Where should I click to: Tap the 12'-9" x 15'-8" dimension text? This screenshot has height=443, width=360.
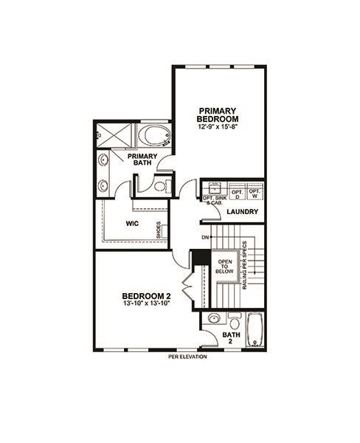click(218, 127)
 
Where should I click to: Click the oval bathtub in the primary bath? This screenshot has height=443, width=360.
click(155, 137)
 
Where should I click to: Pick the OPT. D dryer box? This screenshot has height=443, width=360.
click(237, 193)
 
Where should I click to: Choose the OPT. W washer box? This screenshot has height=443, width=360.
click(255, 193)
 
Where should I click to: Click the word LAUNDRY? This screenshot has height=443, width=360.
click(242, 213)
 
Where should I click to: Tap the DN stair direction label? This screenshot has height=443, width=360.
click(204, 237)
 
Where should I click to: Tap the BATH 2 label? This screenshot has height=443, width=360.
click(231, 338)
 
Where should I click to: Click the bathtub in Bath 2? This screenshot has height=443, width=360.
click(254, 330)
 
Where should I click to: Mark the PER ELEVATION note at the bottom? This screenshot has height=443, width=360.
click(187, 357)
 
